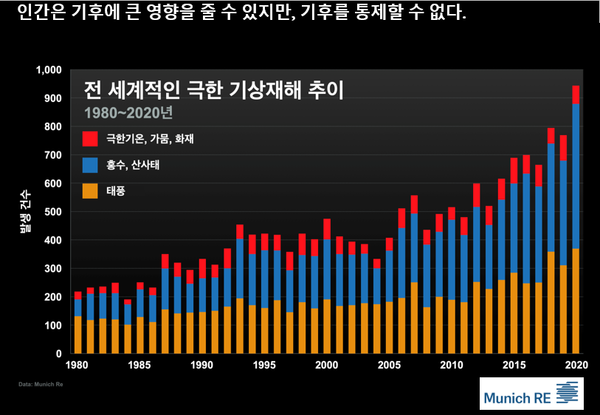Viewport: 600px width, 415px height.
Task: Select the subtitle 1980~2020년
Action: pos(130,111)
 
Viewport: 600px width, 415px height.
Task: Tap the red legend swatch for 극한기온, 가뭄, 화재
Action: pos(89,136)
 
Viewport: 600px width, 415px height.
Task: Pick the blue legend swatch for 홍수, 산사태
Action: pos(89,162)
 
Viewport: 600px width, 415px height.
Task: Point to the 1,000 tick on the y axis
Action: pos(48,71)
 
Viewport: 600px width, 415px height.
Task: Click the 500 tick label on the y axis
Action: pos(52,212)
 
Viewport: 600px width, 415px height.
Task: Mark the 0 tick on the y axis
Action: pos(59,354)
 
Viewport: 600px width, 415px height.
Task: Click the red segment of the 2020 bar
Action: pos(576,95)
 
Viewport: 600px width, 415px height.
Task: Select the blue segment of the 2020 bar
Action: pos(576,176)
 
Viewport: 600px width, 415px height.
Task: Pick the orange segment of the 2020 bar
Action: pos(576,300)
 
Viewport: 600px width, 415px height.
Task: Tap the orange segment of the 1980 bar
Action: pos(78,334)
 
